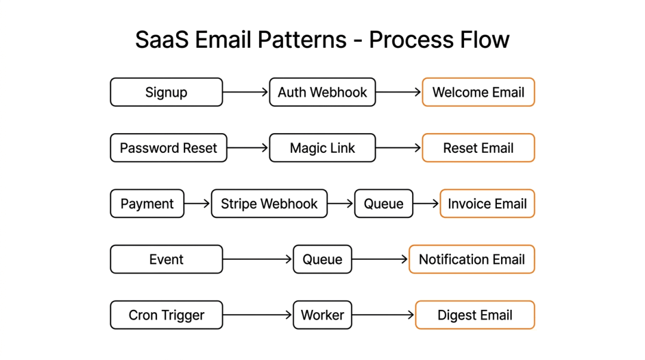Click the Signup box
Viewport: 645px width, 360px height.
[166, 92]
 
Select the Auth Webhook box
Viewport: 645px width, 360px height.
[322, 92]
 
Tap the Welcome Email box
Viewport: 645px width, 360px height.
[478, 92]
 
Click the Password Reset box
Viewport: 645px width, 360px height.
[168, 147]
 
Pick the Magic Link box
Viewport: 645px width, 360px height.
[322, 147]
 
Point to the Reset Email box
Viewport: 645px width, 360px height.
[478, 147]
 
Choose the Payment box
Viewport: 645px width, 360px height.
[148, 203]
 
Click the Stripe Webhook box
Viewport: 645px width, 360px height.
[269, 203]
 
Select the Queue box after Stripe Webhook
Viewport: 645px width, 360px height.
[384, 203]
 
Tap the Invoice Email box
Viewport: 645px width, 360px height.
[487, 203]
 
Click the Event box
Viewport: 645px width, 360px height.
[166, 259]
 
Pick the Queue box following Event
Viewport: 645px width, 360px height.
[322, 259]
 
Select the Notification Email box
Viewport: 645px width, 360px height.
[472, 259]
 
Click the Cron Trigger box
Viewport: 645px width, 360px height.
[166, 315]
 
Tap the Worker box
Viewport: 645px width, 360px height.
[322, 315]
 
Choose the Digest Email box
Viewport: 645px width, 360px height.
[475, 315]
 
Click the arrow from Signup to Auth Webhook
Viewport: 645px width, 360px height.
[245, 92]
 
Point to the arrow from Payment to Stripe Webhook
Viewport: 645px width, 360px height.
[198, 203]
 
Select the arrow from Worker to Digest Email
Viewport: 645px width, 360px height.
[383, 315]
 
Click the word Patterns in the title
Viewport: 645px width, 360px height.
[302, 40]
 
